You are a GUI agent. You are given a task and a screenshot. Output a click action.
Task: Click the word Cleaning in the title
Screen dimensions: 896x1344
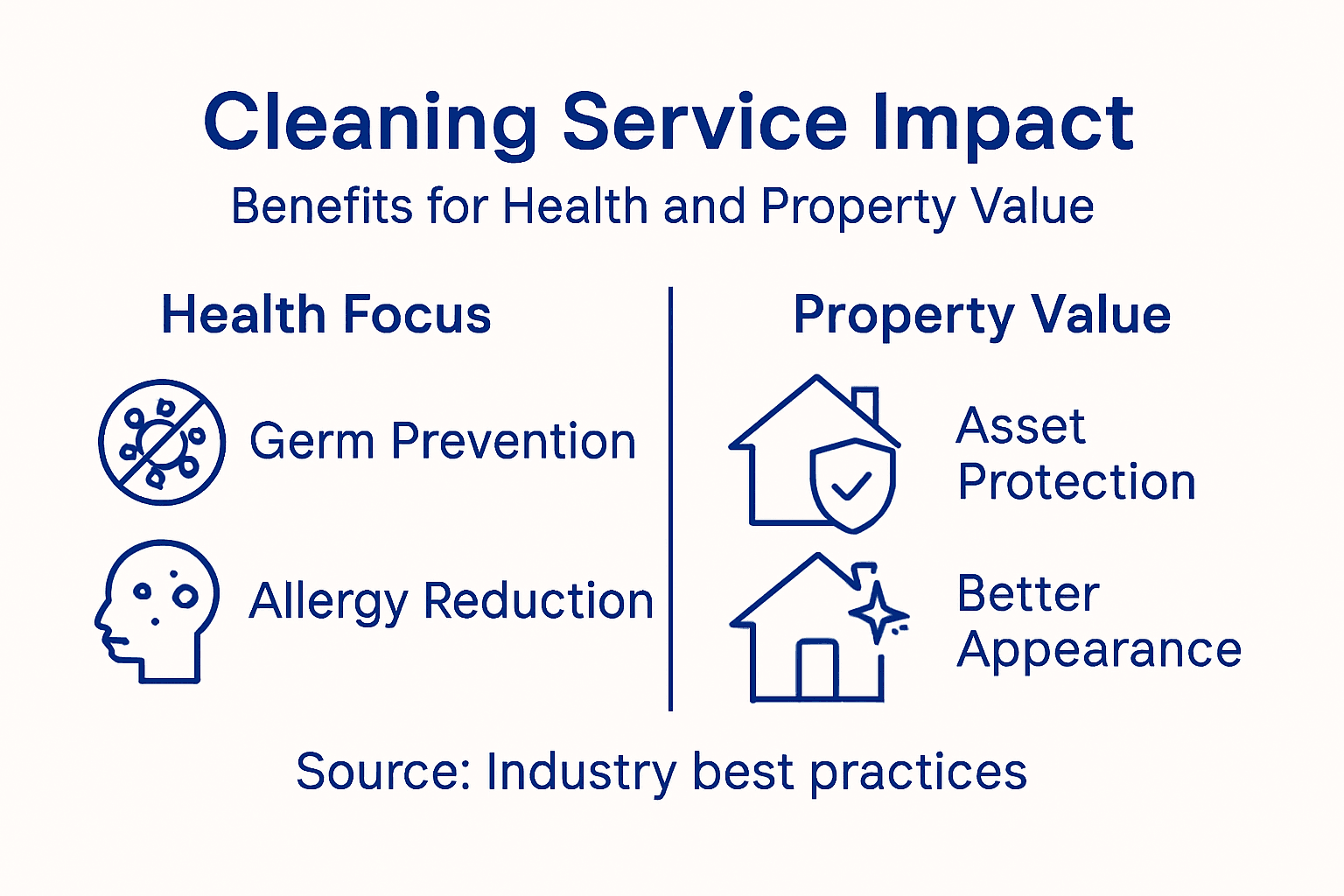(369, 123)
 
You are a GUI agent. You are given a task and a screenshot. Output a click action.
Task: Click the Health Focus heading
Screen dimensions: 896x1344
(326, 315)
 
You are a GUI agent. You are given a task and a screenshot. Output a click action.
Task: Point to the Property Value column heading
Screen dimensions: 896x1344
(982, 315)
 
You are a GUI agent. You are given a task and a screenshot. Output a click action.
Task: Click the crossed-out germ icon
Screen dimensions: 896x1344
(162, 442)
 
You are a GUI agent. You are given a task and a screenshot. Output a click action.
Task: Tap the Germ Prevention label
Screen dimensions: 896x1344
(443, 441)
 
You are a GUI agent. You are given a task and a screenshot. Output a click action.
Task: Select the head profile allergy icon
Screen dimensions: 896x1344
(157, 609)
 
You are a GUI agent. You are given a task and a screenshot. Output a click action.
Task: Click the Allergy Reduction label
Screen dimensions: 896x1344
(451, 602)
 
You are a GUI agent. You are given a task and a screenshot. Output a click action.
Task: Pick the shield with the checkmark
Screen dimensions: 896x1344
(851, 484)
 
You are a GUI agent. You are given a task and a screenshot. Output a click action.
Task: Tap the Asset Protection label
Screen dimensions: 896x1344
(1075, 454)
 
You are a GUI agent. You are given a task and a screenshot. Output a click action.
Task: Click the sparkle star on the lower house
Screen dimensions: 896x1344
(878, 612)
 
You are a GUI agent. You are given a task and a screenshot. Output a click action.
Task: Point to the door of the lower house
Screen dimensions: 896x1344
(817, 669)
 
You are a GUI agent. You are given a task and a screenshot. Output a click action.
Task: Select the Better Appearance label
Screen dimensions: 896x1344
(1098, 622)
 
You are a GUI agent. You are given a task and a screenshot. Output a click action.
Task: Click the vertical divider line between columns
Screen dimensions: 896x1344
(670, 499)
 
